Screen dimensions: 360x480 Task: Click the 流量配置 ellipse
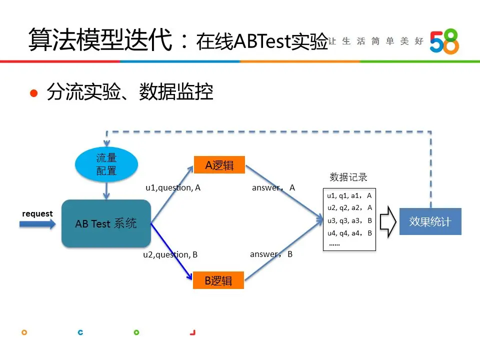[x=106, y=164]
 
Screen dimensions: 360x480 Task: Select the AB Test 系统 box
[x=106, y=223]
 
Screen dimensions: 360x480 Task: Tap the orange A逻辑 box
[x=219, y=165]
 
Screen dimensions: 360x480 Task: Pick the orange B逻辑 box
[x=218, y=280]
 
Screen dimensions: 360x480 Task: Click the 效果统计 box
[x=430, y=221]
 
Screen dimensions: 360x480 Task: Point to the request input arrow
[x=37, y=224]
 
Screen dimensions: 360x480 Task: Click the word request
[x=37, y=214]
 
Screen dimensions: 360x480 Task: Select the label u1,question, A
[x=173, y=188]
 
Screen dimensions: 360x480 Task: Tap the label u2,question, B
[x=170, y=254]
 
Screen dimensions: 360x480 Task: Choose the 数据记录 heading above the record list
[x=348, y=177]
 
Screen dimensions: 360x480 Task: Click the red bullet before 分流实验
[x=34, y=93]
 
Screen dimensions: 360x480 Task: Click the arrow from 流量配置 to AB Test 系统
[x=106, y=190]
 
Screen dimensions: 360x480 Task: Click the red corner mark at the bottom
[x=193, y=332]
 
